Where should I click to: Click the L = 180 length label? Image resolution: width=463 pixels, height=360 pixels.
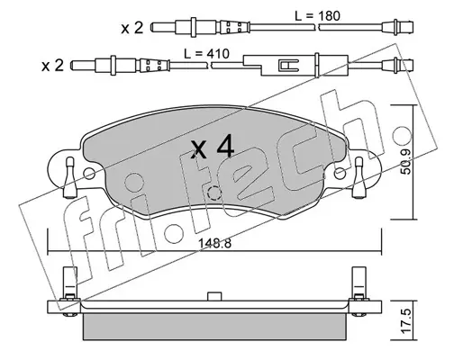click(317, 16)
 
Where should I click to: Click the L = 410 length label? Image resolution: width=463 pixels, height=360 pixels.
click(206, 54)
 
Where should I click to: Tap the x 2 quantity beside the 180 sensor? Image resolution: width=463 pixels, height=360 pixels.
click(132, 28)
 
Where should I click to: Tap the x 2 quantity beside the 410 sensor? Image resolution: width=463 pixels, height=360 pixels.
click(53, 66)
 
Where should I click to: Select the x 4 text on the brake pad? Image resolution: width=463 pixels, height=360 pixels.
click(213, 146)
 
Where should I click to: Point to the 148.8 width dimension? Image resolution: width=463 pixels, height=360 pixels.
click(214, 244)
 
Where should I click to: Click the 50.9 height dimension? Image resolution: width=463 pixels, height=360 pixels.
click(407, 162)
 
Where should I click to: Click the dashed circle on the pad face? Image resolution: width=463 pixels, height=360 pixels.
click(214, 193)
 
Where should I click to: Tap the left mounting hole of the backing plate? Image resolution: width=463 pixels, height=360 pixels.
click(89, 174)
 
